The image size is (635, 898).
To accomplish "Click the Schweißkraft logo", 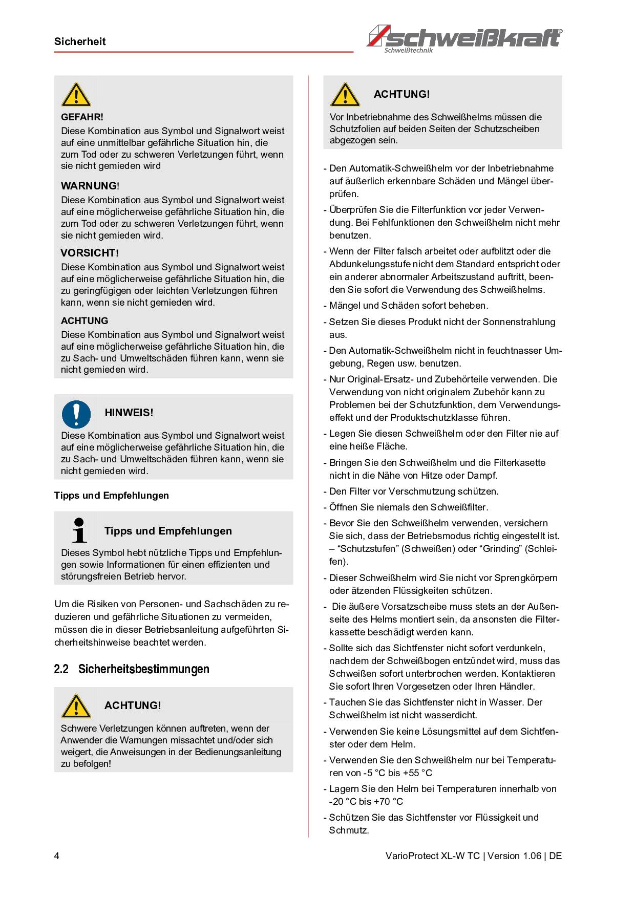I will (464, 38).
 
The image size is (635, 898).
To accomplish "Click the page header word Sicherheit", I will (80, 41).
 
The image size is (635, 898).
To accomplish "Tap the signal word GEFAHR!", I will (82, 117).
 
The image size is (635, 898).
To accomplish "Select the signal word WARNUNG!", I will (90, 185).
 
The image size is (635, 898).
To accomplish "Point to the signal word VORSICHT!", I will (90, 253).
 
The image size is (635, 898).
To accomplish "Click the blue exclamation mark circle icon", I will (76, 414).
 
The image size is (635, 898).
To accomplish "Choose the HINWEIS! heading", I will (129, 413).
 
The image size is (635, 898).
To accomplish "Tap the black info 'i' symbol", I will (79, 530).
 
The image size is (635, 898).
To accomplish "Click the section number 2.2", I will (61, 669).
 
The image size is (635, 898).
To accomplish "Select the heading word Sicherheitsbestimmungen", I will (143, 669).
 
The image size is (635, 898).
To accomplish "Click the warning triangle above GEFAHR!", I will (76, 95).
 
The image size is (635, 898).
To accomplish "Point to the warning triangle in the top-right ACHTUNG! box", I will (345, 95).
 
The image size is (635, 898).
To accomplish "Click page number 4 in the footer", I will (57, 856).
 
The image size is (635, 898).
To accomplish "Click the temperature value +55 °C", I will (417, 773).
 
